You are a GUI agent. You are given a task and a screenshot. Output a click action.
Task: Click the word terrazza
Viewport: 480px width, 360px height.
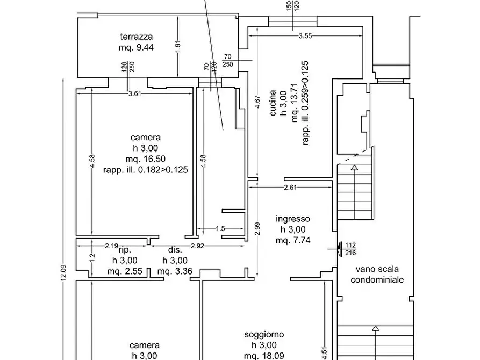[136, 37]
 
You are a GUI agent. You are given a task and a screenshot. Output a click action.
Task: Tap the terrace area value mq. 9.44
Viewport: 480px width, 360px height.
[136, 47]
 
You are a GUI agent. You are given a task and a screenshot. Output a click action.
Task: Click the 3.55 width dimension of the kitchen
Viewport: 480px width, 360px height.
[305, 36]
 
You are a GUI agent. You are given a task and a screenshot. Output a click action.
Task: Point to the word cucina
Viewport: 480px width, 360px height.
[273, 103]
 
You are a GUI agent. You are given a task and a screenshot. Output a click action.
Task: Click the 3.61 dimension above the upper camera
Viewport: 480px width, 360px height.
[135, 93]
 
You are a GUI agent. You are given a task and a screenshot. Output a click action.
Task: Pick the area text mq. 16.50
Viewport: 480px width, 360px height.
[146, 159]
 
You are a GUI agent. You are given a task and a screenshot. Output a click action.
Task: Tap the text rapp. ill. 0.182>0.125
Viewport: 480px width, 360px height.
[146, 170]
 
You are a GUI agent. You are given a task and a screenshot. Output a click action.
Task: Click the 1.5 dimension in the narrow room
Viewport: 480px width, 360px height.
[220, 228]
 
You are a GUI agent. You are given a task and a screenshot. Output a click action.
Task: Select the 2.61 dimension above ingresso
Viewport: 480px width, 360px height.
[290, 188]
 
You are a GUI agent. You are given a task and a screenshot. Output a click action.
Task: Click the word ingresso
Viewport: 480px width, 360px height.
[293, 219]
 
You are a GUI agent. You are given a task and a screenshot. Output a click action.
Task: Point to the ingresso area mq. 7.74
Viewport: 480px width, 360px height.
[293, 240]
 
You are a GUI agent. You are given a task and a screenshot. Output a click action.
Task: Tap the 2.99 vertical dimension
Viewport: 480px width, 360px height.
[257, 229]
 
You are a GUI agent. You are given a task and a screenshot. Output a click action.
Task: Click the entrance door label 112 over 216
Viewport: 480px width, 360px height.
[350, 249]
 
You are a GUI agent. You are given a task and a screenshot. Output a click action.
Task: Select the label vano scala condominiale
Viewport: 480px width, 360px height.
[377, 274]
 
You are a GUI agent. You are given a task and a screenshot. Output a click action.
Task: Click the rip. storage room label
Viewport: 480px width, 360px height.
[125, 250]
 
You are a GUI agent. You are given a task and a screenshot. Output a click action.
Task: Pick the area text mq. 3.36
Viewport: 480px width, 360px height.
[175, 271]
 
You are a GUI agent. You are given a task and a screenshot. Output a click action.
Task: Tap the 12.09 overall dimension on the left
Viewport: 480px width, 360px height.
[63, 272]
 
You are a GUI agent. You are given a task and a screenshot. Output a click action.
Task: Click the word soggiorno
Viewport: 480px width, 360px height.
[264, 335]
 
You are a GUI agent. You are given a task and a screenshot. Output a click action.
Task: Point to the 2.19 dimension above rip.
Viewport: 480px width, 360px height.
[111, 246]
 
